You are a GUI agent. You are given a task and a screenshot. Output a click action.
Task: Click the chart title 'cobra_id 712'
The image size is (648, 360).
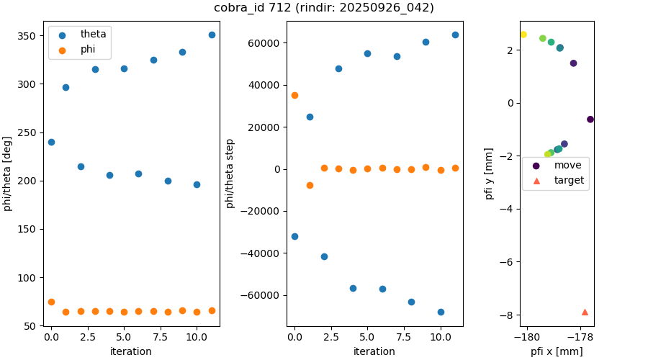coord(323,8)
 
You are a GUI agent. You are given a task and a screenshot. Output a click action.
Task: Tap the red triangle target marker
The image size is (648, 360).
coord(585,312)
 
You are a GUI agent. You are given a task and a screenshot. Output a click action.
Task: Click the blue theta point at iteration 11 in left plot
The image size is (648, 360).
coord(212,35)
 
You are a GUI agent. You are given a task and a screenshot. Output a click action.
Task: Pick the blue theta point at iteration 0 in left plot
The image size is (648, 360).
coord(51,142)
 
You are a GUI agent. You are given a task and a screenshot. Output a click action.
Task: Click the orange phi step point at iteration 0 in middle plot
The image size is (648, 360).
coord(294,95)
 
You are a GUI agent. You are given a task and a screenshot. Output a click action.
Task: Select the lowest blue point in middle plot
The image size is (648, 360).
coord(441,312)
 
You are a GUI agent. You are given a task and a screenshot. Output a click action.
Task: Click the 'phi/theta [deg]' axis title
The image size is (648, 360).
coord(8,174)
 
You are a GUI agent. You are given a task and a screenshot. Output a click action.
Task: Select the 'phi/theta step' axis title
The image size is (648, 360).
coord(230,174)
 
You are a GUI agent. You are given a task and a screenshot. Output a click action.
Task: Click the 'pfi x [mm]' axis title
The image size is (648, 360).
coord(557,351)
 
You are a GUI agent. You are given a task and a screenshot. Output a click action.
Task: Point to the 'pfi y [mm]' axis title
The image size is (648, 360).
coord(489,174)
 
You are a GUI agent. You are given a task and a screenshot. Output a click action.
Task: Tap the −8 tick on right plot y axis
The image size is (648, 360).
coord(509,315)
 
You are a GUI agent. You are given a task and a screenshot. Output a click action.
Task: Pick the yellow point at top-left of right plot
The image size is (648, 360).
coord(523,35)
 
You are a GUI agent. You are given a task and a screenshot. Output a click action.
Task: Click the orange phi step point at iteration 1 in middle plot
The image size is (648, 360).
coord(310,185)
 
